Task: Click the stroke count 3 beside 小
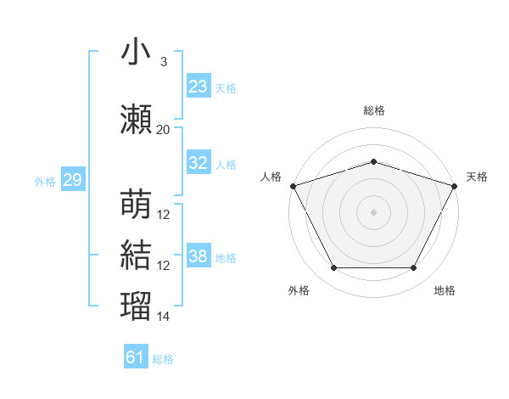(163, 62)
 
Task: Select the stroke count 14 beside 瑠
(164, 317)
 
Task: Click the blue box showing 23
(199, 87)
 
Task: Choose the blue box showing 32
(199, 163)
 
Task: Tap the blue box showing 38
(199, 256)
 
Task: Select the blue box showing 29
(72, 180)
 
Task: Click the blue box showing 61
(136, 357)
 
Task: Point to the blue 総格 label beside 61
(163, 359)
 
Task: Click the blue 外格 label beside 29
(45, 181)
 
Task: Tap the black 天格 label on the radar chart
(477, 177)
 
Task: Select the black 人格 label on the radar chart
(271, 177)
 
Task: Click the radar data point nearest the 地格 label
(414, 268)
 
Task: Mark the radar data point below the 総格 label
(373, 161)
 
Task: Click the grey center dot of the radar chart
(373, 211)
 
